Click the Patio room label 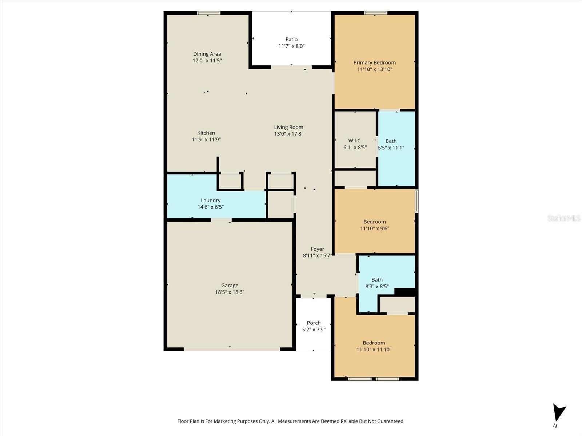[291, 39]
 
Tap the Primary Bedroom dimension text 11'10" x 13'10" [374, 69]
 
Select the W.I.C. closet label [355, 141]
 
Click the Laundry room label [211, 200]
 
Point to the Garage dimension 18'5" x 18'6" [230, 292]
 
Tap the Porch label [314, 323]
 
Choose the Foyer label [317, 249]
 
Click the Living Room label [288, 127]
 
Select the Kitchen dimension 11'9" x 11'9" [206, 140]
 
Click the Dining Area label [207, 54]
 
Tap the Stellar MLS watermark [563, 218]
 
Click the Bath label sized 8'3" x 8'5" [377, 280]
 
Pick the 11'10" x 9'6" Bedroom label [374, 222]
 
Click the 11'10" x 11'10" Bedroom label [374, 343]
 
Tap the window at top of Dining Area [209, 13]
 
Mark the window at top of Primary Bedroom [376, 13]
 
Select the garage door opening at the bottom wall [231, 349]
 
